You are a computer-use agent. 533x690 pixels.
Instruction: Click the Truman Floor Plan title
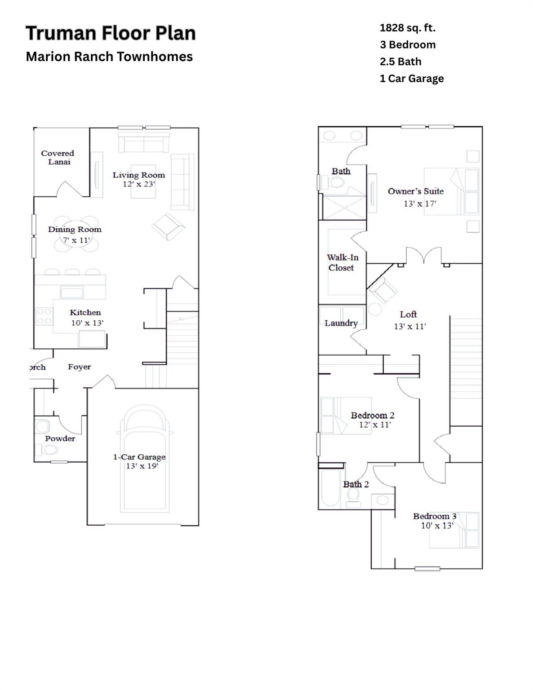(x=111, y=33)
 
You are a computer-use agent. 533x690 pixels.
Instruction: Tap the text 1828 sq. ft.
(x=407, y=28)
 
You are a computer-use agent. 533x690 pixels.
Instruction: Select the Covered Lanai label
(x=58, y=157)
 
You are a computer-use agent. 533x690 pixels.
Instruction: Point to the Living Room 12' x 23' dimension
(x=139, y=184)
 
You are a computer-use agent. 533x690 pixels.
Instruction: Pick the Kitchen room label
(x=85, y=312)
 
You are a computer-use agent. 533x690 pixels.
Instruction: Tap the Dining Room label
(x=75, y=229)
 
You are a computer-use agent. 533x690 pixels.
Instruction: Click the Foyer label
(x=79, y=367)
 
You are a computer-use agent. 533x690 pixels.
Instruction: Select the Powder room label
(x=60, y=438)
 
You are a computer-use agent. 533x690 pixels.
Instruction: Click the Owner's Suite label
(x=416, y=191)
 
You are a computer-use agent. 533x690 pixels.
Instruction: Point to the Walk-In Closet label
(x=342, y=262)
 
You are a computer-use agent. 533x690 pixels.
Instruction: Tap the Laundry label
(x=341, y=323)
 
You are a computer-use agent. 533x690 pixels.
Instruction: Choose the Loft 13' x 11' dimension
(x=409, y=327)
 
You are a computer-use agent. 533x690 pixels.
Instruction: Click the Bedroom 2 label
(x=373, y=416)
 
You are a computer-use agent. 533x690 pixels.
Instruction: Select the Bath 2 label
(x=356, y=484)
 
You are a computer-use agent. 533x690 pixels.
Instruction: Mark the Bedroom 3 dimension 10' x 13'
(x=437, y=525)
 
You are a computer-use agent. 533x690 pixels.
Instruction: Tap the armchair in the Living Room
(x=168, y=226)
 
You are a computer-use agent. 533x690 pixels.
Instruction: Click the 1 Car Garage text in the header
(x=412, y=79)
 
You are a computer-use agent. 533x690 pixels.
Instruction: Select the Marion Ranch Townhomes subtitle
(x=109, y=57)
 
